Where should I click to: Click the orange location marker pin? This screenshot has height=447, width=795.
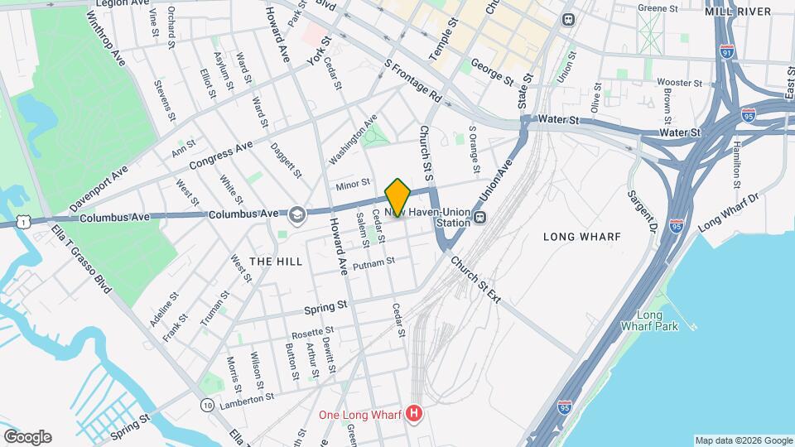coord(397,197)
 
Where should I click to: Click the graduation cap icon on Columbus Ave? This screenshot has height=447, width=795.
coord(296,216)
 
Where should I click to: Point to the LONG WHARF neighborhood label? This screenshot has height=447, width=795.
coord(581,237)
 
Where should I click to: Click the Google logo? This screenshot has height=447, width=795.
coord(27,437)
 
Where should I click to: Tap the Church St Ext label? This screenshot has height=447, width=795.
coord(475,279)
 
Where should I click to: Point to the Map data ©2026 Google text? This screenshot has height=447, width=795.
coord(742,440)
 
